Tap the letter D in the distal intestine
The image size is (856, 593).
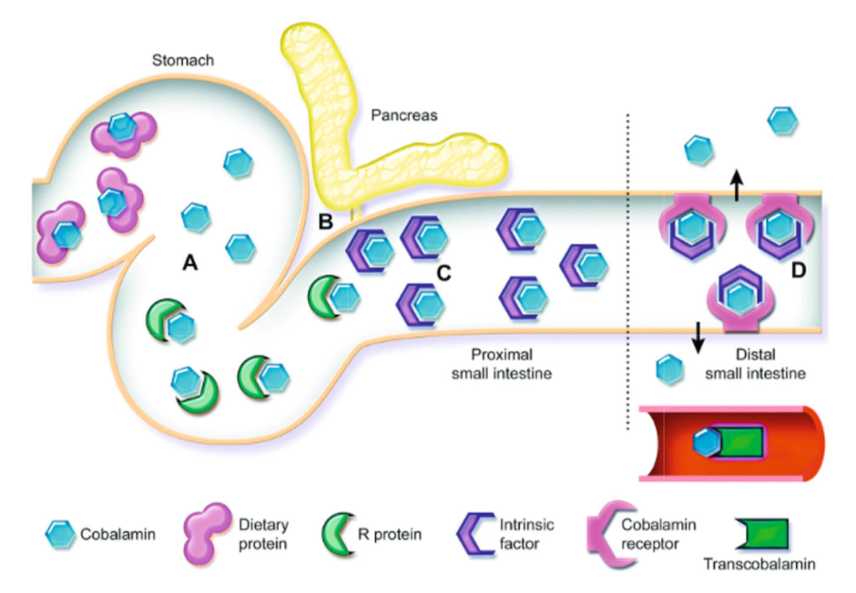(x=800, y=270)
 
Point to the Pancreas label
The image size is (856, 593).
(x=403, y=116)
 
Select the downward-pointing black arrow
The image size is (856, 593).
(x=698, y=337)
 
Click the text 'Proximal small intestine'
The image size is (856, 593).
(x=508, y=364)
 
